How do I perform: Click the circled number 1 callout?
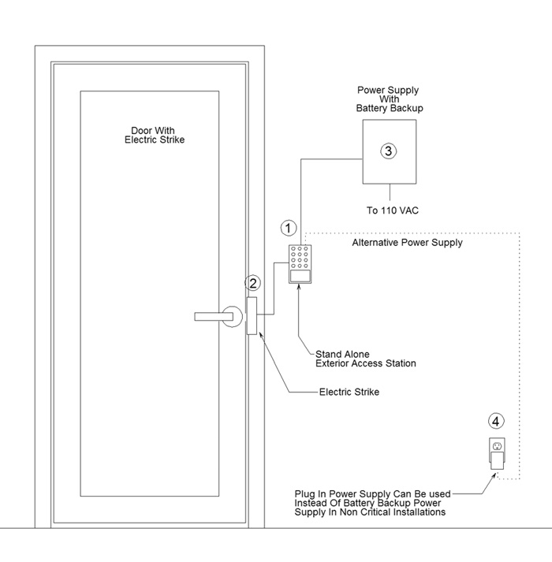(288, 228)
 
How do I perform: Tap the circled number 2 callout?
(253, 283)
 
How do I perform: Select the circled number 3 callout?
(389, 151)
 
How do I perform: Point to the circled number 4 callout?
(496, 421)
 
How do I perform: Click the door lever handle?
(214, 317)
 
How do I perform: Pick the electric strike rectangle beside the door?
(252, 316)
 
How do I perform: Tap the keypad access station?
(300, 264)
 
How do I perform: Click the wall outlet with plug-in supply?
(497, 453)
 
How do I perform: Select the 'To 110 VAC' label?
(393, 210)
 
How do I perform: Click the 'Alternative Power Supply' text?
(407, 243)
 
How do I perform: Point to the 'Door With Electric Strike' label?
(155, 135)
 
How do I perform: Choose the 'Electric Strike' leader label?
(349, 392)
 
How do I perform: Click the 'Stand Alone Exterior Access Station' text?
(365, 359)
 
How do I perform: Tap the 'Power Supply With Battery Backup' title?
(390, 99)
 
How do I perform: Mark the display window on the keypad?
(300, 276)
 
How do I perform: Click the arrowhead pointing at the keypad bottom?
(299, 287)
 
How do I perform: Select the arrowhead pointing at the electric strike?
(261, 336)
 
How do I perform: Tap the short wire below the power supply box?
(390, 192)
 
